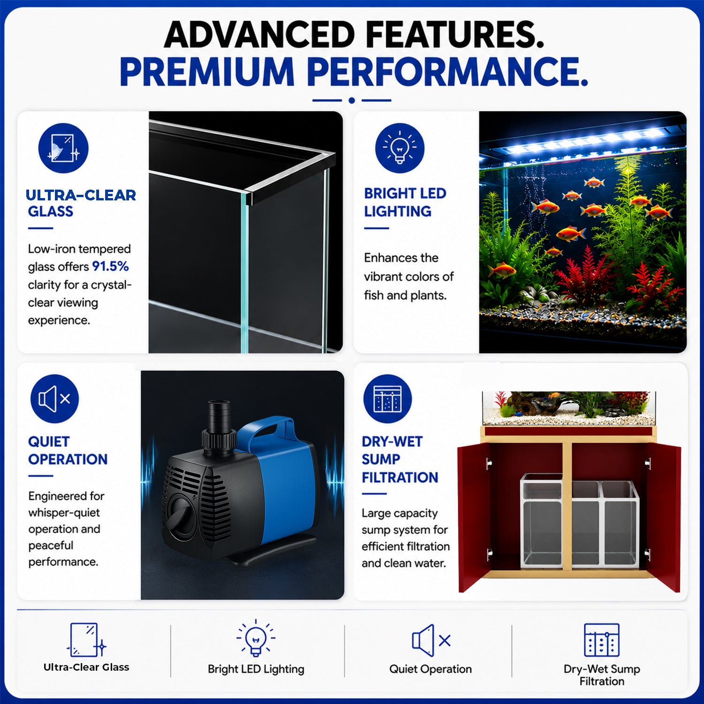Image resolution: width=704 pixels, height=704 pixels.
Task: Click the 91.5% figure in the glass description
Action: point(110,267)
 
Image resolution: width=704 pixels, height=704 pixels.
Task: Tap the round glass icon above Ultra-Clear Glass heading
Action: point(63,148)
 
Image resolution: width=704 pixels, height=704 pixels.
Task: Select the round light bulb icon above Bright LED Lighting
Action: point(400,148)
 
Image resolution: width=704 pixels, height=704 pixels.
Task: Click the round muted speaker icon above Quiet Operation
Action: point(55,399)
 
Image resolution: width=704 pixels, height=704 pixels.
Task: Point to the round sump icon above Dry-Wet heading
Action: point(388,399)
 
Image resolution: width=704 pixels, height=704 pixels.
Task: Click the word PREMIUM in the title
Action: point(207,71)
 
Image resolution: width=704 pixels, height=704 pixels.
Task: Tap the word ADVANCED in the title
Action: point(259,35)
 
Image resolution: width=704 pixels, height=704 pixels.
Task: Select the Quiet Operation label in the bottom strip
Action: point(430,669)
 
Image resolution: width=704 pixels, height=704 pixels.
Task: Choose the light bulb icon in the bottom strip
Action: point(256,637)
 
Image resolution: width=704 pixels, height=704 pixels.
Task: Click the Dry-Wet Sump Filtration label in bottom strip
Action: point(602,675)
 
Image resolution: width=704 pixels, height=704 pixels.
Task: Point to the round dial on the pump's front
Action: point(181,517)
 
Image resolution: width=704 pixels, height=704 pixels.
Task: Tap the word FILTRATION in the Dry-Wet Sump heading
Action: point(400,477)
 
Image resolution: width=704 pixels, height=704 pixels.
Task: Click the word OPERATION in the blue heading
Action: point(68,459)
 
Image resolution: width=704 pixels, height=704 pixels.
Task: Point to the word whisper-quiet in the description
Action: point(64,513)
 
